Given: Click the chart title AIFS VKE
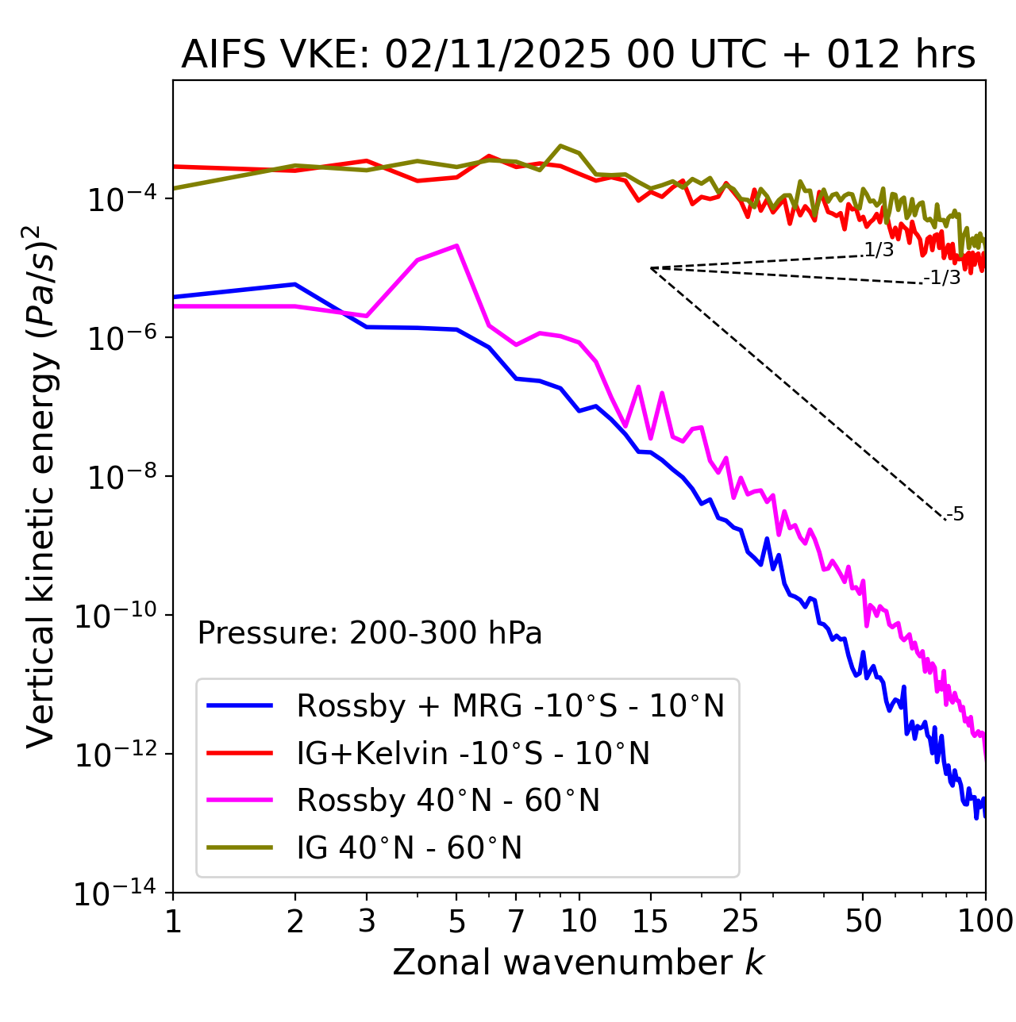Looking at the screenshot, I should click(578, 56).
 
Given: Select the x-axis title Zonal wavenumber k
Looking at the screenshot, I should click(578, 962).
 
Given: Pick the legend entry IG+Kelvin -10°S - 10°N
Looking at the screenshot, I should click(473, 753).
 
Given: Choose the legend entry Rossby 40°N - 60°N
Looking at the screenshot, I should click(448, 801).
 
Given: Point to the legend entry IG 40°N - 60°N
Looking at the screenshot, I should click(409, 848).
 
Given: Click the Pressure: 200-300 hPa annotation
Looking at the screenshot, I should click(369, 633).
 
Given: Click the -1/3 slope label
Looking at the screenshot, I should click(942, 278).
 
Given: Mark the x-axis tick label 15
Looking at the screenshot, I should click(650, 921).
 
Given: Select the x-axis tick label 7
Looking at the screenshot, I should click(516, 921).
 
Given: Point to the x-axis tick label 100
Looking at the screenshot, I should click(985, 921).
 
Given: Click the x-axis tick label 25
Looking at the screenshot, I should click(741, 921).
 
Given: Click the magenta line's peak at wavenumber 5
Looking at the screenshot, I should click(456, 246).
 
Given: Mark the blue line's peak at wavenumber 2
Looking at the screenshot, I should click(295, 284).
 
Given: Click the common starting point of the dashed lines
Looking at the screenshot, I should click(651, 268).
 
